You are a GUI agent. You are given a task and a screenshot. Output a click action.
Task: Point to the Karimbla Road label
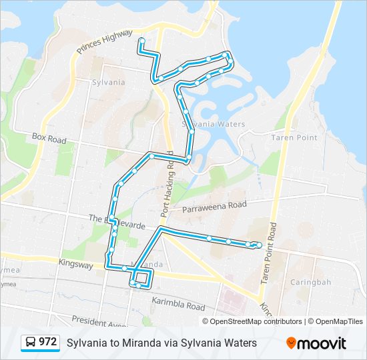click(x=178, y=306)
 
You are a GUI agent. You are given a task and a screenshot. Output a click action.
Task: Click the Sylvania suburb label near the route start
click(x=108, y=82)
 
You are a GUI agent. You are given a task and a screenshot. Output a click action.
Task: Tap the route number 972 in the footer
click(x=47, y=342)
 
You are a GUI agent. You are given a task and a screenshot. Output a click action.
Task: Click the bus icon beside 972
click(x=31, y=343)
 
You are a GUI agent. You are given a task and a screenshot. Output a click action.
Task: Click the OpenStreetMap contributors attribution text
click(x=256, y=321)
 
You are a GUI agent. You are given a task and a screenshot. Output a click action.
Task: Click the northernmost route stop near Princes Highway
click(x=142, y=41)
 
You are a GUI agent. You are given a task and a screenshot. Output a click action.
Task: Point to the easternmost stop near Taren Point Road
click(x=259, y=245)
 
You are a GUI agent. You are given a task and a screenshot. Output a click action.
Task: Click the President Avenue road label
click(x=100, y=321)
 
